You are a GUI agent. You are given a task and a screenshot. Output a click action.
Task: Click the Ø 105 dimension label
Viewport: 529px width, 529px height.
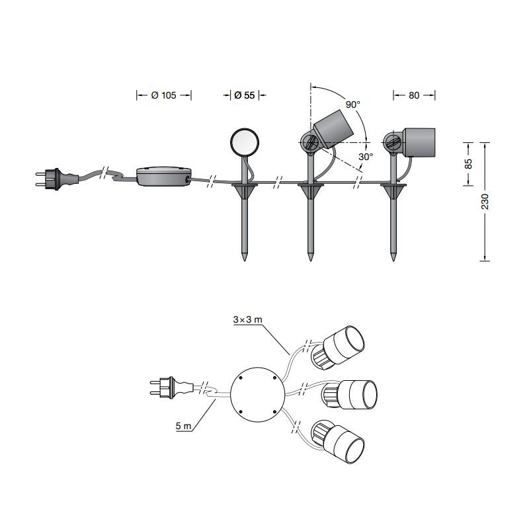(163, 95)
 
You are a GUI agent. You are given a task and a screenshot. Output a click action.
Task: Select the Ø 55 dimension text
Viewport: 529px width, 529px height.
(245, 95)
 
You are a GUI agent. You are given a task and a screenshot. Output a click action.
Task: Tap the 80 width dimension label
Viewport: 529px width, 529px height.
(414, 95)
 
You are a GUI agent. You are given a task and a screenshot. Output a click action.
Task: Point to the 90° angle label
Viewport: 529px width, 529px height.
(353, 104)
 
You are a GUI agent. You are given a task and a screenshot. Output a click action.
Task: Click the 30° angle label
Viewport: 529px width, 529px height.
(366, 157)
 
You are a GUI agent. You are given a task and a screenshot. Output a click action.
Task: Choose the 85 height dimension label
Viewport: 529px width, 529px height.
(468, 164)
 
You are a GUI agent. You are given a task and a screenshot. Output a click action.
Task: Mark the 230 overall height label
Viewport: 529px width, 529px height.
(485, 202)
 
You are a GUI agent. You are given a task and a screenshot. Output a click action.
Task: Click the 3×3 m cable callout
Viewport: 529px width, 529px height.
(247, 319)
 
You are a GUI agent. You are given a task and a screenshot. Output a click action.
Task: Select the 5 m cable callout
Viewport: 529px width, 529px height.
(183, 426)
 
